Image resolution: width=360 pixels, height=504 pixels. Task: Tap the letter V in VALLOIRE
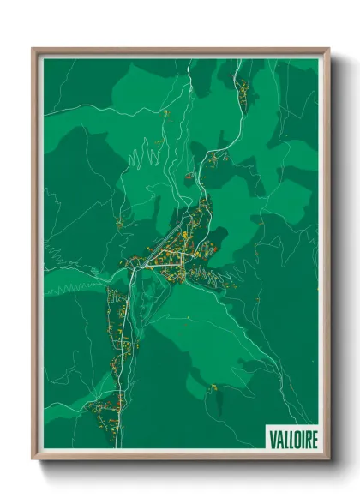click(x=272, y=440)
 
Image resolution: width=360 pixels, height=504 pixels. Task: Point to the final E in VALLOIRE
click(x=314, y=440)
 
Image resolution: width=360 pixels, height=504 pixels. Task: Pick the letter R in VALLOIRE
click(x=307, y=440)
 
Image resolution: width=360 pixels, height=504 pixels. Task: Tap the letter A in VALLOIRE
click(x=278, y=440)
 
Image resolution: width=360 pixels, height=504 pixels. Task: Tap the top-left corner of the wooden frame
click(x=34, y=50)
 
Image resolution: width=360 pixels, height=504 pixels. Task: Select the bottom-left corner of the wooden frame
click(x=34, y=458)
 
